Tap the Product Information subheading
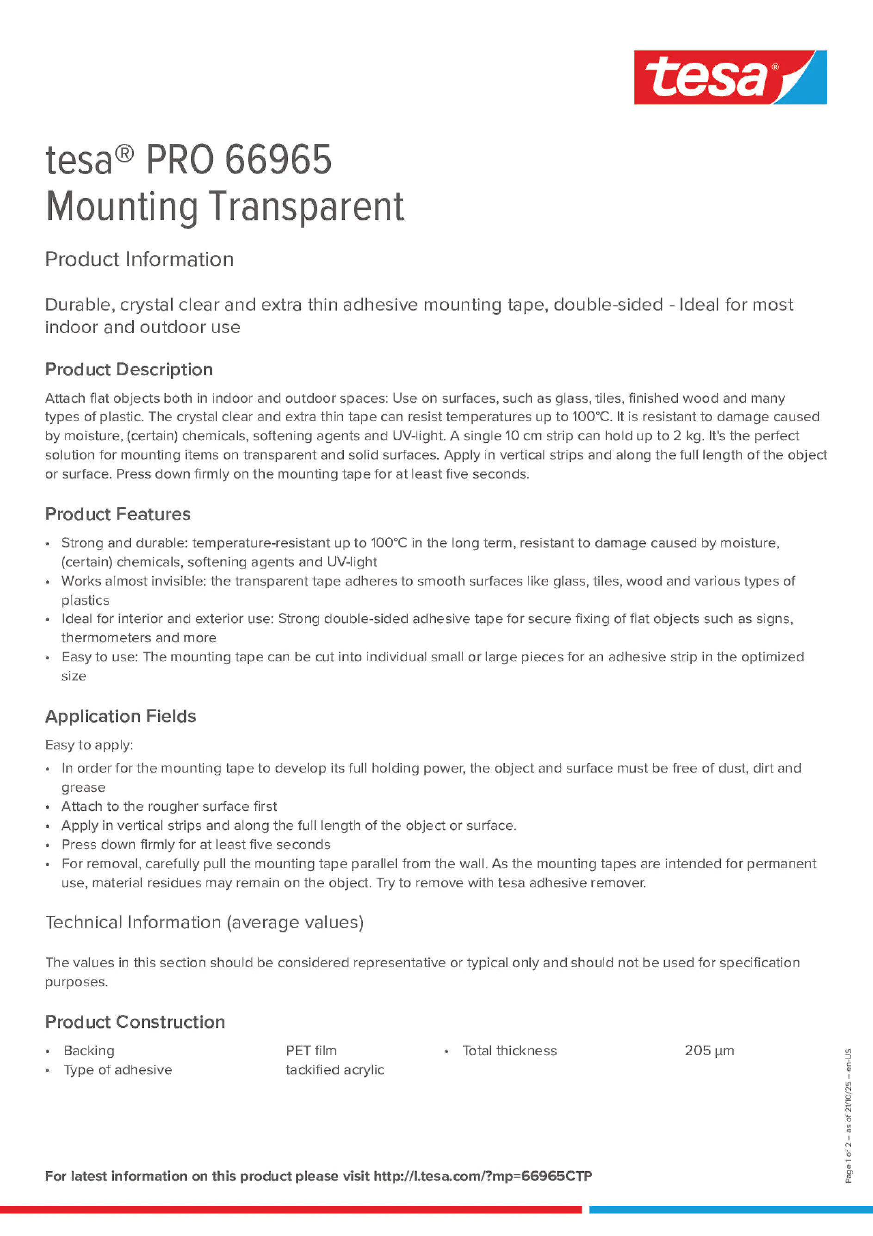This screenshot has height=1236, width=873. (139, 260)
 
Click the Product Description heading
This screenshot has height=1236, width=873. (129, 369)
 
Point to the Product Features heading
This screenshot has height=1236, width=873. (118, 514)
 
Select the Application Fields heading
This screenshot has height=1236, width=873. (121, 716)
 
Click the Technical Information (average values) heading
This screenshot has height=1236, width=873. (204, 922)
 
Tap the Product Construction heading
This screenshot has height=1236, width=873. (135, 1022)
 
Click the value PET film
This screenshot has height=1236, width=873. (311, 1050)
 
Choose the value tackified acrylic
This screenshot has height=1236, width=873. (335, 1070)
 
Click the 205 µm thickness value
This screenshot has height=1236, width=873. (709, 1050)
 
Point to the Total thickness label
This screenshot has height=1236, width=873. (509, 1050)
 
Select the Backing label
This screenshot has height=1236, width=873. (89, 1050)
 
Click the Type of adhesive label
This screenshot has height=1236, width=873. (118, 1070)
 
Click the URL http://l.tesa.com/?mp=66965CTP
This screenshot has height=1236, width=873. (482, 1176)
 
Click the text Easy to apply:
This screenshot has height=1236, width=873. (89, 745)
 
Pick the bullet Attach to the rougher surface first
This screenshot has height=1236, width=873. (169, 806)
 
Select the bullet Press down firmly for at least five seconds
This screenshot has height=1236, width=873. (196, 844)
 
